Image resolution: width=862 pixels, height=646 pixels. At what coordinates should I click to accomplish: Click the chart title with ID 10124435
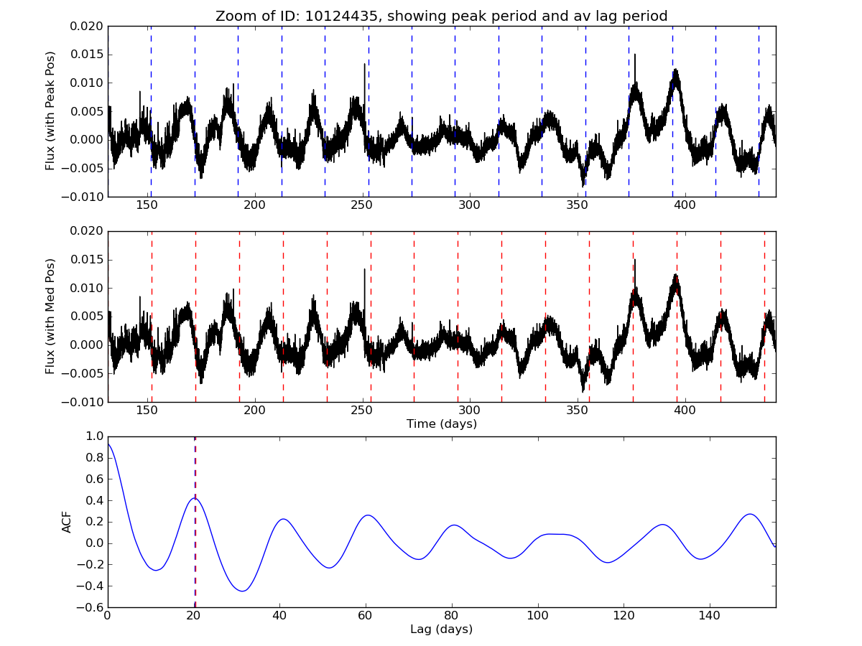pyautogui.click(x=441, y=16)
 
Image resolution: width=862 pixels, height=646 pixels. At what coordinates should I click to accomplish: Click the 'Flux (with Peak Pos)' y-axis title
pyautogui.click(x=50, y=111)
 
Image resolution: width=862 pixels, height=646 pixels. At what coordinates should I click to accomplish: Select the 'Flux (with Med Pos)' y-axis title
pyautogui.click(x=50, y=317)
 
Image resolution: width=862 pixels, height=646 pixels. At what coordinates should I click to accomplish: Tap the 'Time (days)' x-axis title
pyautogui.click(x=441, y=424)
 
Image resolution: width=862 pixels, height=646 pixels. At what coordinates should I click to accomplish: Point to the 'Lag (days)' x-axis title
pyautogui.click(x=441, y=629)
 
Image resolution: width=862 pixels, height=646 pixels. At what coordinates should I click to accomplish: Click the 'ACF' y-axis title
pyautogui.click(x=67, y=522)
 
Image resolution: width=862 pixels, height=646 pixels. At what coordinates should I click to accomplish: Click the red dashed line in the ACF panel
pyautogui.click(x=195, y=560)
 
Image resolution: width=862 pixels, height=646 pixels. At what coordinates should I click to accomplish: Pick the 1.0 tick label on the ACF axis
pyautogui.click(x=93, y=436)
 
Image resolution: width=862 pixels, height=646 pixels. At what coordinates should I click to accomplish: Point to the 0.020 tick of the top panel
pyautogui.click(x=86, y=27)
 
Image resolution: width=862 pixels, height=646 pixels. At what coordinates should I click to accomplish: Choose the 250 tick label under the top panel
pyautogui.click(x=361, y=205)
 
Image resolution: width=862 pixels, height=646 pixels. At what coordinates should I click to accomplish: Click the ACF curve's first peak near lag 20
pyautogui.click(x=193, y=498)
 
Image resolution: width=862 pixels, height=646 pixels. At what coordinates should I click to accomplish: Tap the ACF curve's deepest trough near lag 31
pyautogui.click(x=242, y=591)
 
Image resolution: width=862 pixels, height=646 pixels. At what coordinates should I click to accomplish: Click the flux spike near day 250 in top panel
pyautogui.click(x=365, y=65)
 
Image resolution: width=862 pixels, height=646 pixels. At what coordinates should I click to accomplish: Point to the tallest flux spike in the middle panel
pyautogui.click(x=634, y=260)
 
